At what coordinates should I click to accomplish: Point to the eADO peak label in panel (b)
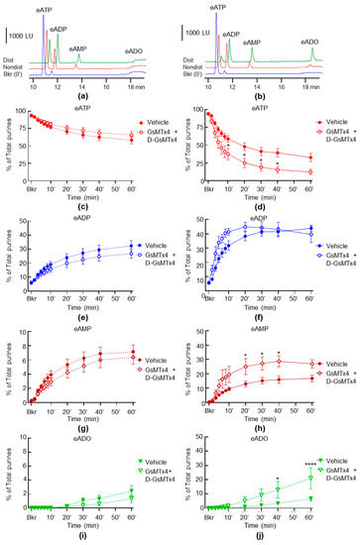point(308,43)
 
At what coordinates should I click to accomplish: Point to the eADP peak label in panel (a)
point(60,31)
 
